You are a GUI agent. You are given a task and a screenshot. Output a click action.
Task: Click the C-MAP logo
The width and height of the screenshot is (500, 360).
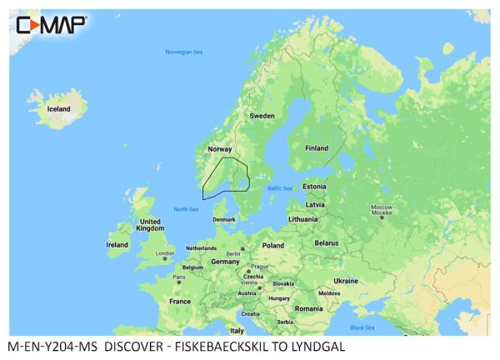(51, 25)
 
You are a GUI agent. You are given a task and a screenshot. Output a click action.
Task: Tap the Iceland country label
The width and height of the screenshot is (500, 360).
(58, 109)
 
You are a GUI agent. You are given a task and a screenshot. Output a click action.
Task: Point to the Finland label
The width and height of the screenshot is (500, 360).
(317, 148)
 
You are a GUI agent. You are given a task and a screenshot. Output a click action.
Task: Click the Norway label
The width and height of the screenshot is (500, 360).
(219, 149)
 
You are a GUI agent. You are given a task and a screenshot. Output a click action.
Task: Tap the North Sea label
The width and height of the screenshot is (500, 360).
(186, 209)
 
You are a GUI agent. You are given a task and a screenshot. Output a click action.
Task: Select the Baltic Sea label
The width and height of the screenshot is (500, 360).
(280, 188)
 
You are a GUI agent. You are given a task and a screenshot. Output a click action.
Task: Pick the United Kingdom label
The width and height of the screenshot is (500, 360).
(151, 224)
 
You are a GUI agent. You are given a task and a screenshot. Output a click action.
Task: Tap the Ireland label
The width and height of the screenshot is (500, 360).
(117, 245)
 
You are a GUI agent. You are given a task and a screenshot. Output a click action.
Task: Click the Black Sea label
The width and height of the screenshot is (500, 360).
(362, 327)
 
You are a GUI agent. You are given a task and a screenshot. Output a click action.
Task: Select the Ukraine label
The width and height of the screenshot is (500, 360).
(345, 281)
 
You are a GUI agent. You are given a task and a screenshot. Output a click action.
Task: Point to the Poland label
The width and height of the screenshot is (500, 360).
(273, 246)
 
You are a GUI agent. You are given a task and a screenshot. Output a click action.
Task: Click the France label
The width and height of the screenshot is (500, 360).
(180, 301)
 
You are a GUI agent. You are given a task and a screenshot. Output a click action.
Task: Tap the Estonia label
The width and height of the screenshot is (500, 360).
(314, 187)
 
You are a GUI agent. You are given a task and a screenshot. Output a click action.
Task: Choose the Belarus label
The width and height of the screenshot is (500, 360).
(326, 242)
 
